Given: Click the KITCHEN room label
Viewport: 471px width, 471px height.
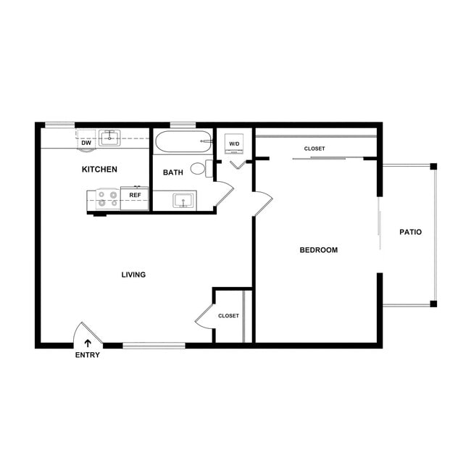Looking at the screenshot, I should (99, 170).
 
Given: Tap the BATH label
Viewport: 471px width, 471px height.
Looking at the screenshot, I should (172, 172).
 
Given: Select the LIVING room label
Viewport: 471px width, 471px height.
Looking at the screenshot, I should (133, 275).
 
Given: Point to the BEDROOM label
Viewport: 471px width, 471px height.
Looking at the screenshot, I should (319, 250).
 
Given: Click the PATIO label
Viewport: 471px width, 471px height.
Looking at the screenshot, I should (410, 233).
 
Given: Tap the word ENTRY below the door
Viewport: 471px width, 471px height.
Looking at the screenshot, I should (88, 355).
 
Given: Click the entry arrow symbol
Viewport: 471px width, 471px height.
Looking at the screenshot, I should (88, 342).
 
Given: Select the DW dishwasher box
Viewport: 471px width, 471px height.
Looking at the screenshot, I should (86, 142).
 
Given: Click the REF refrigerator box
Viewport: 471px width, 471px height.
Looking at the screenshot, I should (135, 196).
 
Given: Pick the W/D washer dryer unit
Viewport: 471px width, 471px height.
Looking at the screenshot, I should (234, 143).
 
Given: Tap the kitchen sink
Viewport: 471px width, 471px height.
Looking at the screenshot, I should (109, 138).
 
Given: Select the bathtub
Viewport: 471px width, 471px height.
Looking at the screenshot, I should (183, 141).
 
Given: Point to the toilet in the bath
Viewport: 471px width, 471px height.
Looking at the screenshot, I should (200, 169).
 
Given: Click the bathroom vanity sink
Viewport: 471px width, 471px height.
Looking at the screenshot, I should (183, 200).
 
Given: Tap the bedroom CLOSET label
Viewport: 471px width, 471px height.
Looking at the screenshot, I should (314, 149).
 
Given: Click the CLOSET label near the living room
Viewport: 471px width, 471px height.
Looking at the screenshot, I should (228, 316).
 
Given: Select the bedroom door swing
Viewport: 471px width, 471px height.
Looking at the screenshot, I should (262, 203).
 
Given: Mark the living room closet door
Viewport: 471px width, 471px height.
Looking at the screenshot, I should (205, 316).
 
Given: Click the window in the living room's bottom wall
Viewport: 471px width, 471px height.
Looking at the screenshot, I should (154, 345).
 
